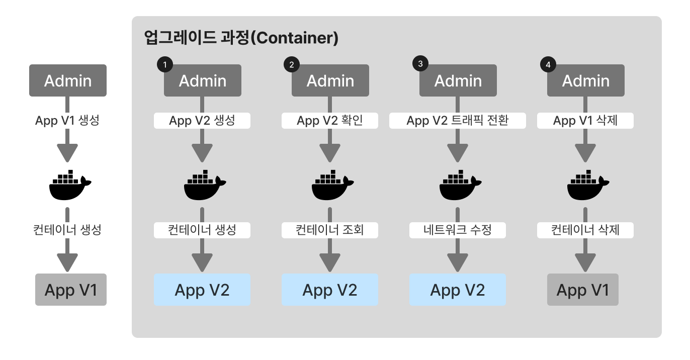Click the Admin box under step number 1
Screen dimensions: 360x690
pos(202,81)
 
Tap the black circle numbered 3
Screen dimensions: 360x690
pos(420,63)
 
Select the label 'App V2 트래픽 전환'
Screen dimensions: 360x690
pos(458,121)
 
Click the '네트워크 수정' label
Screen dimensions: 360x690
pos(458,230)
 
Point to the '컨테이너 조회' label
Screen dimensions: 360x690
pos(330,230)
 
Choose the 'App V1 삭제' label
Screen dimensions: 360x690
pos(585,121)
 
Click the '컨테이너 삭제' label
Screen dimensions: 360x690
pos(585,230)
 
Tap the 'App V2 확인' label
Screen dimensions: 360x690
pos(330,121)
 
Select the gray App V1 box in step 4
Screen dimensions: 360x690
pos(583,290)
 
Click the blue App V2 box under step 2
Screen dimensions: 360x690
pos(330,290)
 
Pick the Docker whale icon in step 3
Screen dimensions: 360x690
pos(458,186)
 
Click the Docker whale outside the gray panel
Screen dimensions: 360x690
pos(69,186)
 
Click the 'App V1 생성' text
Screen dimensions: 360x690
pos(67,121)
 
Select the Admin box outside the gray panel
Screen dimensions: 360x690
pos(68,80)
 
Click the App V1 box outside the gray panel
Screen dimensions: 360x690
pos(71,290)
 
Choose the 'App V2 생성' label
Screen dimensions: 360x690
pos(202,121)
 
